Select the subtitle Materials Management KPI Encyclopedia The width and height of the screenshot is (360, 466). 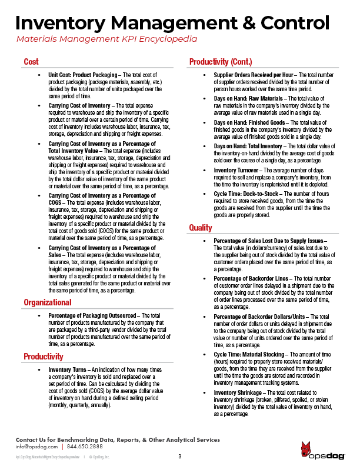[106, 40]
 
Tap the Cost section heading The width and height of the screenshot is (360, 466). [31, 62]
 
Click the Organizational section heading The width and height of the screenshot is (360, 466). [48, 302]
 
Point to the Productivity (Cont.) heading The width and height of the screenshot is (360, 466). [221, 62]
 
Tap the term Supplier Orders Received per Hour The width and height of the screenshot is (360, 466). [254, 76]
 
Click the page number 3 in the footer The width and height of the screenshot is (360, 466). [179, 457]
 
